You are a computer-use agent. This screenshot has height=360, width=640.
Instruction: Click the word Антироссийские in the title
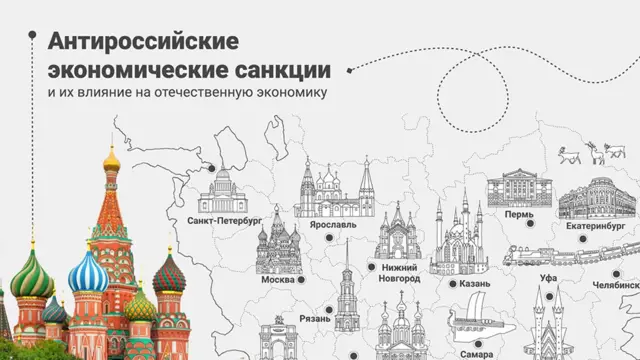point(143,42)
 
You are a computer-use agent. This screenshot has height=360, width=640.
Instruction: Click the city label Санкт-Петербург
point(224,218)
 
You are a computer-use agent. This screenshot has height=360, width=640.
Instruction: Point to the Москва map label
point(277,280)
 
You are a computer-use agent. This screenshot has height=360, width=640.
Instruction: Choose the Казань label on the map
point(475,284)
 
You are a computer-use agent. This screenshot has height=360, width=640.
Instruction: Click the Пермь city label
point(520,214)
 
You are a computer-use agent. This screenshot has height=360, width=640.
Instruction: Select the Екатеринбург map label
point(595,227)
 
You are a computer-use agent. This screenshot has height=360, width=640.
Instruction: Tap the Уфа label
point(548,276)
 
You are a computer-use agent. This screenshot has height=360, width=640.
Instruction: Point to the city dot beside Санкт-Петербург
point(213,169)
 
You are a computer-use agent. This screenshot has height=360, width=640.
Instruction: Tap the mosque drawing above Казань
point(458,240)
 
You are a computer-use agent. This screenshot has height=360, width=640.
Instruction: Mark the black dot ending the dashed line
point(350,69)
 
